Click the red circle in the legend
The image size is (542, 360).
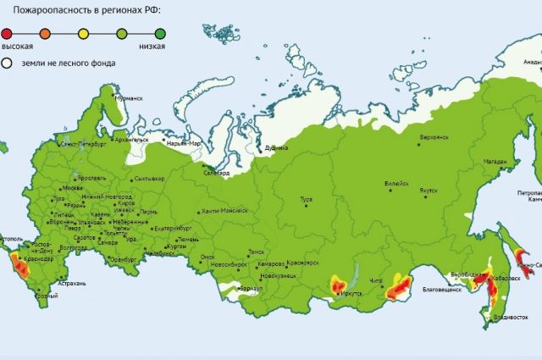click(x=8, y=32)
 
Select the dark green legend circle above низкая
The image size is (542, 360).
click(x=160, y=32)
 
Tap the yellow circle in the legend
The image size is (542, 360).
click(x=83, y=32)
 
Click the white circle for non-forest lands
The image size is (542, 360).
click(x=8, y=63)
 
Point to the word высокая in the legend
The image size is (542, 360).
click(x=17, y=45)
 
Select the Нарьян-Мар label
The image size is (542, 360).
click(x=187, y=143)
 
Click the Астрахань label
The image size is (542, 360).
click(x=71, y=283)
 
